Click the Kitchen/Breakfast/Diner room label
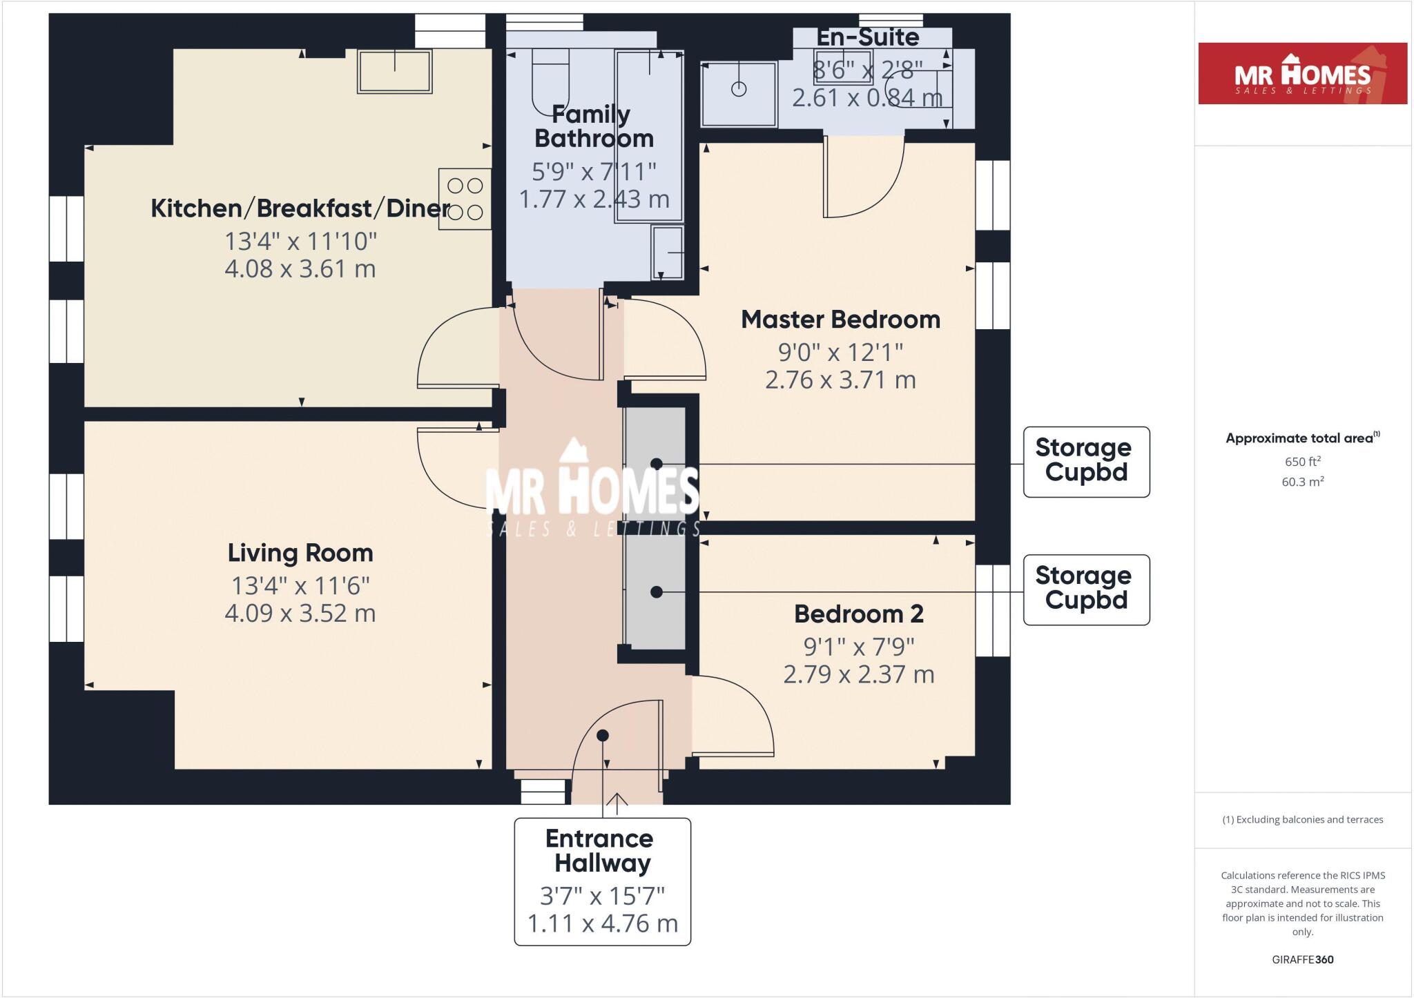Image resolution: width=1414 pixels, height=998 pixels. [300, 208]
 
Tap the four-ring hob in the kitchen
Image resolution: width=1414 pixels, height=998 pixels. [465, 199]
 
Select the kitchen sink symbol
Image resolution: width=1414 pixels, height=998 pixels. [394, 70]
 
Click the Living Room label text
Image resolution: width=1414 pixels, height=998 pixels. [300, 553]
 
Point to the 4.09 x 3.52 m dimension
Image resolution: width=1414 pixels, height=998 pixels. [300, 613]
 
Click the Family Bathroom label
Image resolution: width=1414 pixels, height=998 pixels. [593, 126]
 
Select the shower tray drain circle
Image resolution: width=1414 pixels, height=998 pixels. [739, 89]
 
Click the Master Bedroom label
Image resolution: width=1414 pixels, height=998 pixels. [840, 320]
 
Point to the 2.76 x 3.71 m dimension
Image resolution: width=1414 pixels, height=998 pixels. [840, 380]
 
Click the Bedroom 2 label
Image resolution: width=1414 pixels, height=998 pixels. [858, 614]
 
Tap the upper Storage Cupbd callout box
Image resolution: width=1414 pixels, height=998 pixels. [1086, 461]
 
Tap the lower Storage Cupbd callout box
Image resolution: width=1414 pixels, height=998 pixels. [1086, 589]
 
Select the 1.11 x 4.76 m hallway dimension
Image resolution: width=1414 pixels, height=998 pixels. [602, 923]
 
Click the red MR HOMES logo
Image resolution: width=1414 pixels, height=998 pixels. [1302, 74]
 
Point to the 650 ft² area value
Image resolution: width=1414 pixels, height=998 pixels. [1302, 462]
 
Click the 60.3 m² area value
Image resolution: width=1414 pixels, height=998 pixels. [1302, 482]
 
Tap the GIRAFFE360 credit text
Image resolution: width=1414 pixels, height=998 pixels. [1302, 959]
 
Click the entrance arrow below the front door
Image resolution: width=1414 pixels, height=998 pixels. [617, 801]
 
